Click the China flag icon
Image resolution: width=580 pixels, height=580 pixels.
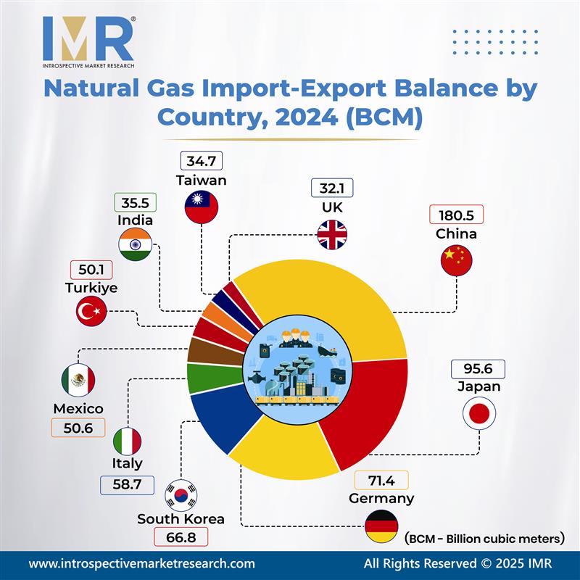click(x=456, y=260)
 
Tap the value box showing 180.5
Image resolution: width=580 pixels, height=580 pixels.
click(x=456, y=215)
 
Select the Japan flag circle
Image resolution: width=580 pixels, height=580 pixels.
click(x=478, y=414)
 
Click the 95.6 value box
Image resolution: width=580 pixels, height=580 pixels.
click(x=478, y=368)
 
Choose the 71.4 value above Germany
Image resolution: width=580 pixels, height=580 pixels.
click(x=380, y=480)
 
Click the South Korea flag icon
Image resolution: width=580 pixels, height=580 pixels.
click(x=181, y=495)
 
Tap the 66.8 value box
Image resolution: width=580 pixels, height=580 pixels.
click(x=181, y=537)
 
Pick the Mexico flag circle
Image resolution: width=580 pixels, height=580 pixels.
click(x=78, y=379)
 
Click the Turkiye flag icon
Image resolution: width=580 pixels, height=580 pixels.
click(x=92, y=312)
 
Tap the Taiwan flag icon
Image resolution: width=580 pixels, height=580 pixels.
click(x=201, y=207)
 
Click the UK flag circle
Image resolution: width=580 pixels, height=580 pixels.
click(x=332, y=233)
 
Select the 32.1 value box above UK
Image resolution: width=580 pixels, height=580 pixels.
click(x=332, y=188)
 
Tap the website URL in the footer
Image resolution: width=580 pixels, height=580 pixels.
click(x=141, y=563)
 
